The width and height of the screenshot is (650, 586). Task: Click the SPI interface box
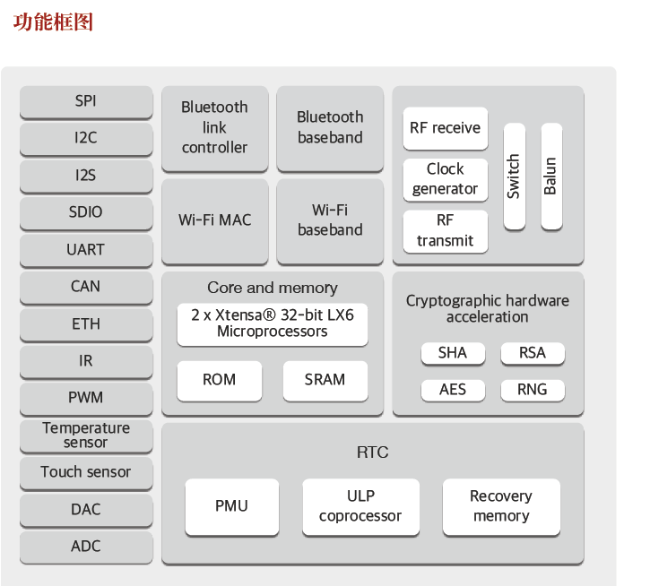85,101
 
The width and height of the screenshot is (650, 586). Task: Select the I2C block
85,138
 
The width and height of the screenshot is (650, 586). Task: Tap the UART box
85,249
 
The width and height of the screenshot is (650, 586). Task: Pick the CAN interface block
85,287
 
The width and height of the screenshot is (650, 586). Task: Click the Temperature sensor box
85,435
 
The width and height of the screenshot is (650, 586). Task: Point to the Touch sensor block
85,471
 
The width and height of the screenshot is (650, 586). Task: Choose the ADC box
85,546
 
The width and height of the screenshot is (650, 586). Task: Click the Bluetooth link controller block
214,127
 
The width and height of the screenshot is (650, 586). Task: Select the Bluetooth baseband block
330,127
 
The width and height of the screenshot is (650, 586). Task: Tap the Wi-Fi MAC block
214,220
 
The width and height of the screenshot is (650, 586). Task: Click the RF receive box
445,128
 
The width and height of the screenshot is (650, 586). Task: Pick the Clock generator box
445,179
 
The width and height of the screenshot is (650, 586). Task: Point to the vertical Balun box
550,177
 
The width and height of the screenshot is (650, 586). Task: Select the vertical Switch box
514,177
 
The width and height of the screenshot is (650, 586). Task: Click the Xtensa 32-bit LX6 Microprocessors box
272,323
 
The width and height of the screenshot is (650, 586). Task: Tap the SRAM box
325,380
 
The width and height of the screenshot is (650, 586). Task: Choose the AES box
452,389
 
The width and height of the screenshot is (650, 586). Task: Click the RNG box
532,389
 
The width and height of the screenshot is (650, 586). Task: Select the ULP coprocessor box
360,506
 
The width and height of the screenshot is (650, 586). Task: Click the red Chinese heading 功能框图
53,22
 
